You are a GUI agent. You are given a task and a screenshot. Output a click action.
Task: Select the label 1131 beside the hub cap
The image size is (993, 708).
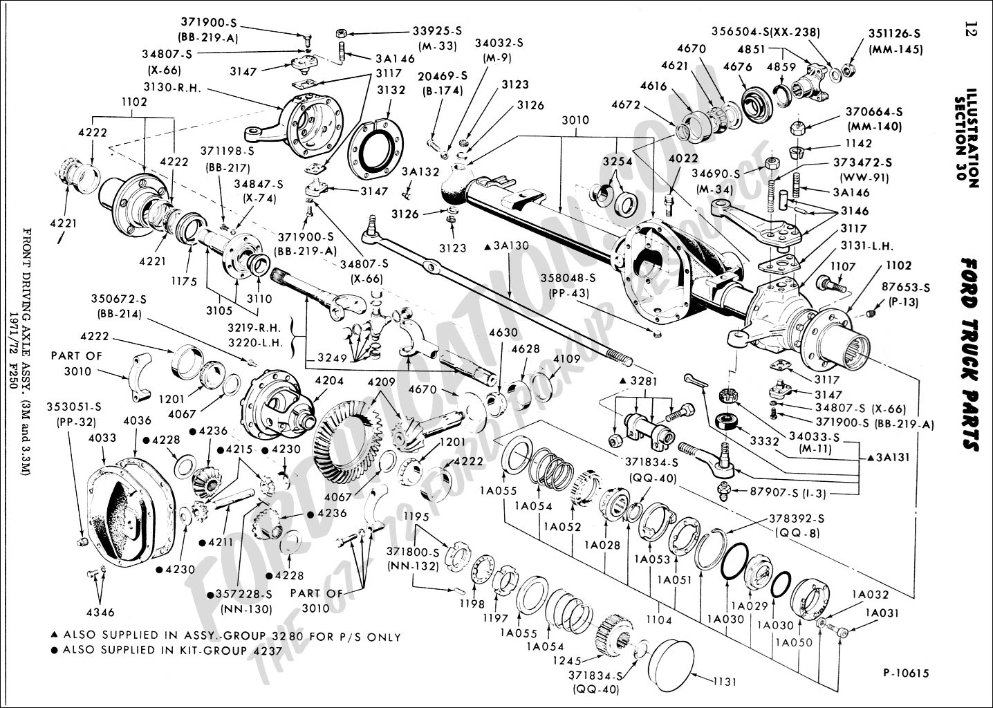725,682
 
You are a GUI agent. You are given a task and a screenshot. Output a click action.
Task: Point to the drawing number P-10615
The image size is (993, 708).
906,673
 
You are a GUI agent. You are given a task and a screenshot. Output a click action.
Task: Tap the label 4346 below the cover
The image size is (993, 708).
100,612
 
